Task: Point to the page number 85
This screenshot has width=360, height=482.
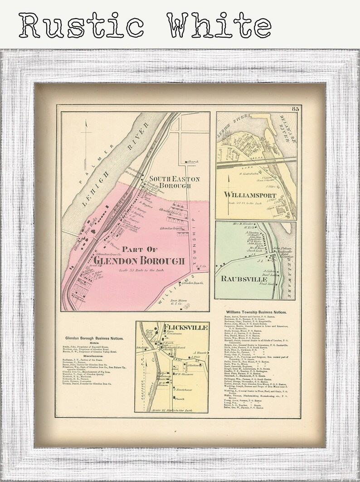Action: tap(295, 108)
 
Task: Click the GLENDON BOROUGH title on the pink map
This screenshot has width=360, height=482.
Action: tap(141, 261)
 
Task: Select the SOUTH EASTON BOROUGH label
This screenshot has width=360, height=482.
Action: tap(168, 182)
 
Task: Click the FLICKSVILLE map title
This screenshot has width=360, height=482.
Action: tap(188, 327)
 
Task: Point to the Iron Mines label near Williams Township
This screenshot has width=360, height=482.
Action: tap(183, 301)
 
